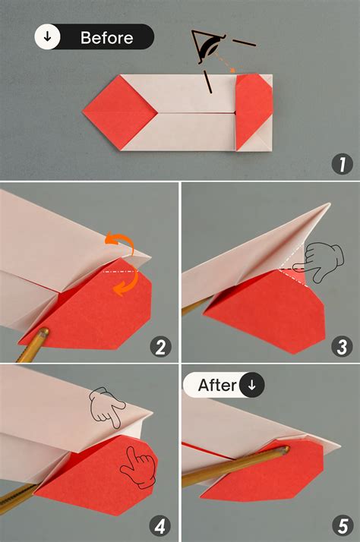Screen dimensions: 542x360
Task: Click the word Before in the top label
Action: pyautogui.click(x=106, y=37)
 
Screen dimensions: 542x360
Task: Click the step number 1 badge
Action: pyautogui.click(x=341, y=163)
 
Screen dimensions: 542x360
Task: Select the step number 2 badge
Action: pyautogui.click(x=159, y=348)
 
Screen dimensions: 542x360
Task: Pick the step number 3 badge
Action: pyautogui.click(x=341, y=348)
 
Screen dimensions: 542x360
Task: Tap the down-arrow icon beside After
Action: pyautogui.click(x=252, y=385)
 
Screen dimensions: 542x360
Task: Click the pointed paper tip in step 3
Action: pyautogui.click(x=329, y=204)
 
